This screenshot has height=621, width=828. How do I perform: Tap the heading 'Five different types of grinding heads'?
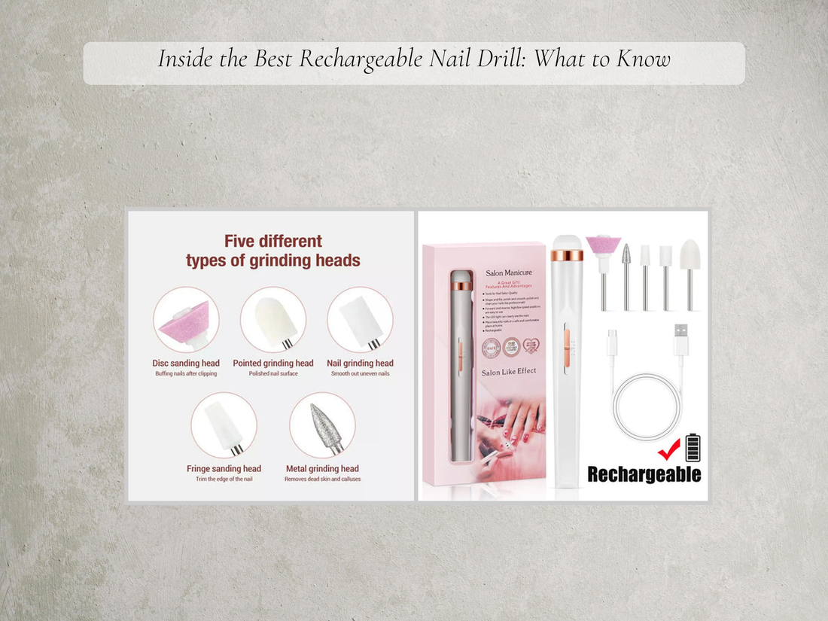point(272,251)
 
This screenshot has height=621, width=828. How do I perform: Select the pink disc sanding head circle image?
point(186,319)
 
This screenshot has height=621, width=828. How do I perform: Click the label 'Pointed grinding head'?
point(273,364)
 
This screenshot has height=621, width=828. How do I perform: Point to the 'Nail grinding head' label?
point(360,364)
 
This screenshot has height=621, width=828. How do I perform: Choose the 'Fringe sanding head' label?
point(224,469)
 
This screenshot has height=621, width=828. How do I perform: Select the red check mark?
point(668,449)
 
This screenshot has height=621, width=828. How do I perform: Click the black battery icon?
point(692,449)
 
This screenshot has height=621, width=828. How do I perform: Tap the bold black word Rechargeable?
point(644,474)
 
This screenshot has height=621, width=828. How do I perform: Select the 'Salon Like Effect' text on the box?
point(509,371)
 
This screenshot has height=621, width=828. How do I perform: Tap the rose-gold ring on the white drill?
point(568,255)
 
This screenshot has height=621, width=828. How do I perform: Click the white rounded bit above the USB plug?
point(689,256)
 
